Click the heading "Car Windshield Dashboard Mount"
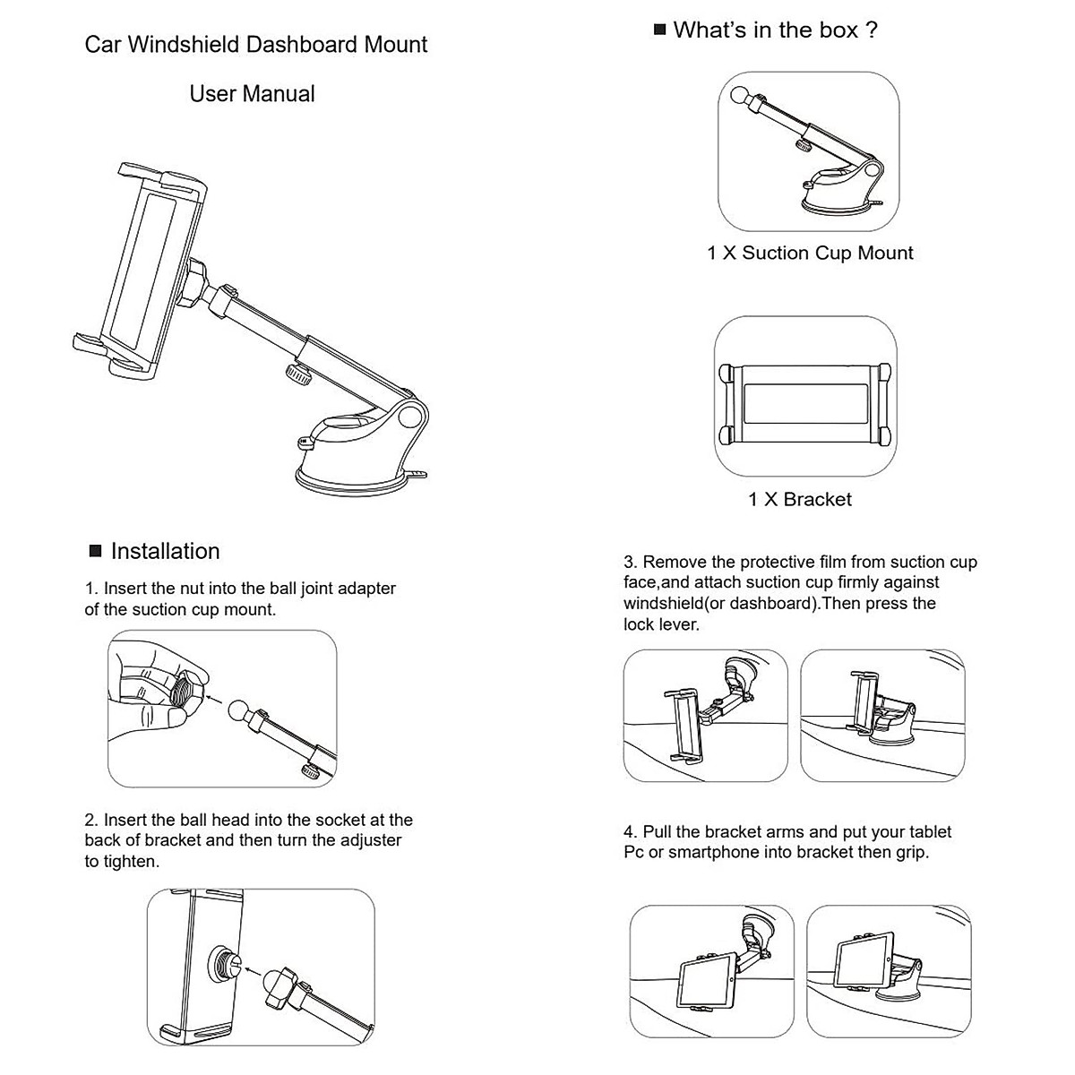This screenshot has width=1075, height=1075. (255, 45)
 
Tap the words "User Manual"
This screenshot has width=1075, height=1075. (252, 94)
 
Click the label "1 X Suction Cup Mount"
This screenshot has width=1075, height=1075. (810, 254)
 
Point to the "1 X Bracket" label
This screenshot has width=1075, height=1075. (800, 499)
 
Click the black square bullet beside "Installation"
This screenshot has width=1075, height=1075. (95, 551)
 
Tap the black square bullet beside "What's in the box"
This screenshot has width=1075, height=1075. (659, 29)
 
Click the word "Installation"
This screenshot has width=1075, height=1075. (165, 551)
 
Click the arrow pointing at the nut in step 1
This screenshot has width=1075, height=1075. (215, 701)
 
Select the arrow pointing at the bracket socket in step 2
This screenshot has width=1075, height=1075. (253, 972)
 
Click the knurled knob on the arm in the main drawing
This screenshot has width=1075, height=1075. (299, 374)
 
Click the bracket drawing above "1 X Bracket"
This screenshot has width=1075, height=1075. (805, 405)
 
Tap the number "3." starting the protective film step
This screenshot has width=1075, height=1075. (631, 562)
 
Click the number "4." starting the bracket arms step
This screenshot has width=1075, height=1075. (631, 831)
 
